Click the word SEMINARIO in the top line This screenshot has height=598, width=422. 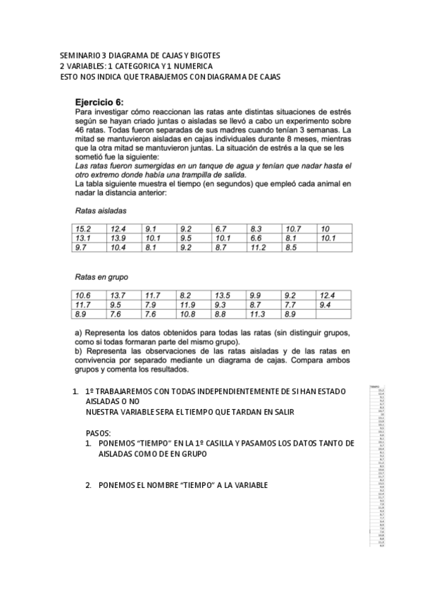pyautogui.click(x=80, y=55)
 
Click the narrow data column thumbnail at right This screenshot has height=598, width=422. pyautogui.click(x=380, y=466)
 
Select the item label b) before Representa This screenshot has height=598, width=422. pyautogui.click(x=79, y=350)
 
